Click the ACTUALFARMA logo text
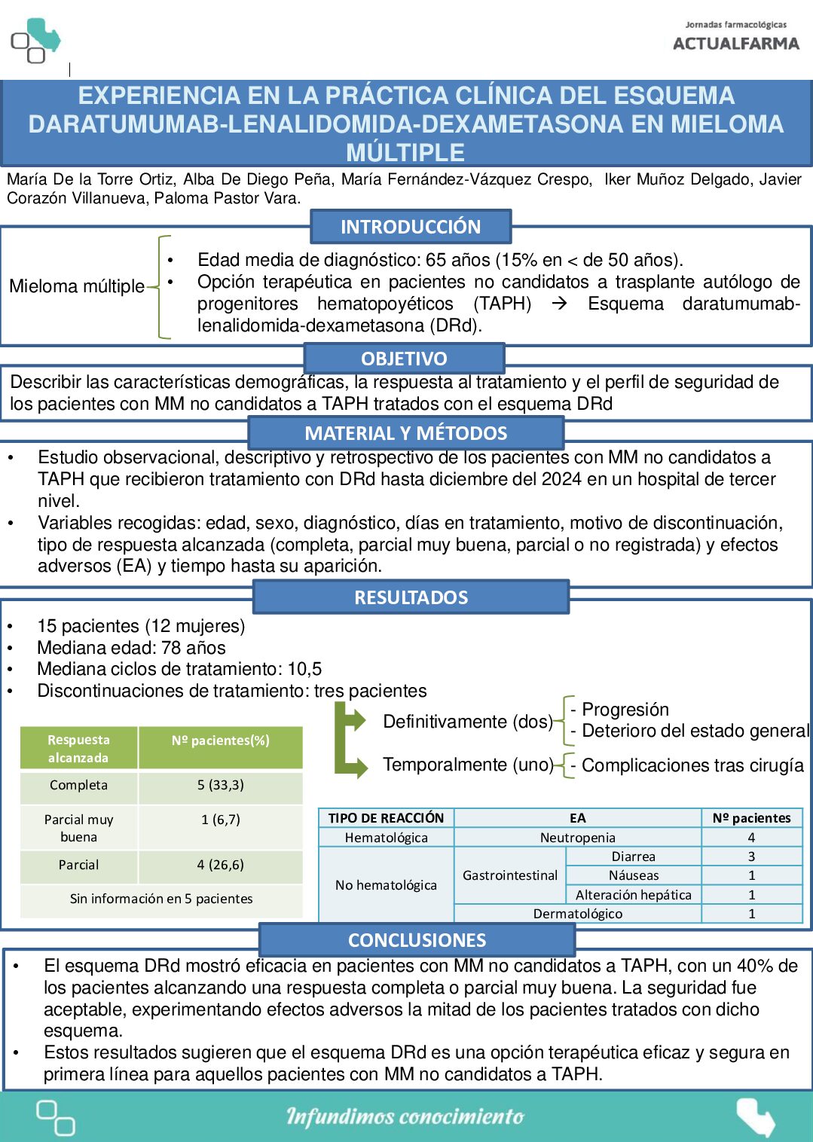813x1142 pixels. [735, 44]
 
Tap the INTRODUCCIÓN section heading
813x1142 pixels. [411, 227]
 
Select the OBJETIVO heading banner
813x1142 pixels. [404, 359]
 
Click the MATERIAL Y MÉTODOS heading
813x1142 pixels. [406, 433]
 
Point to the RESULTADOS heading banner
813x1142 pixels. [411, 597]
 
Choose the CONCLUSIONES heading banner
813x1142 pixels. [417, 940]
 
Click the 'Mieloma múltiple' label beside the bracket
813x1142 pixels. [77, 286]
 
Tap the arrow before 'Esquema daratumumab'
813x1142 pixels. [559, 304]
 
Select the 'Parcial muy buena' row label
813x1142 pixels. [79, 828]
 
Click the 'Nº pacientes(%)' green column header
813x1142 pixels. [220, 740]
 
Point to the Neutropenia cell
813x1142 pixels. [577, 838]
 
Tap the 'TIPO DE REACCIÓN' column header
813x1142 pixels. [386, 818]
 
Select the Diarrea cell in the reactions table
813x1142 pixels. [633, 856]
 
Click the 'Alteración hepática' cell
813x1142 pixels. [633, 895]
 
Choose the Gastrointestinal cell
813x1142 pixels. [510, 875]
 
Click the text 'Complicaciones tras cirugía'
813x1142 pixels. [692, 765]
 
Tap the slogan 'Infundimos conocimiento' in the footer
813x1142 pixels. [405, 1116]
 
